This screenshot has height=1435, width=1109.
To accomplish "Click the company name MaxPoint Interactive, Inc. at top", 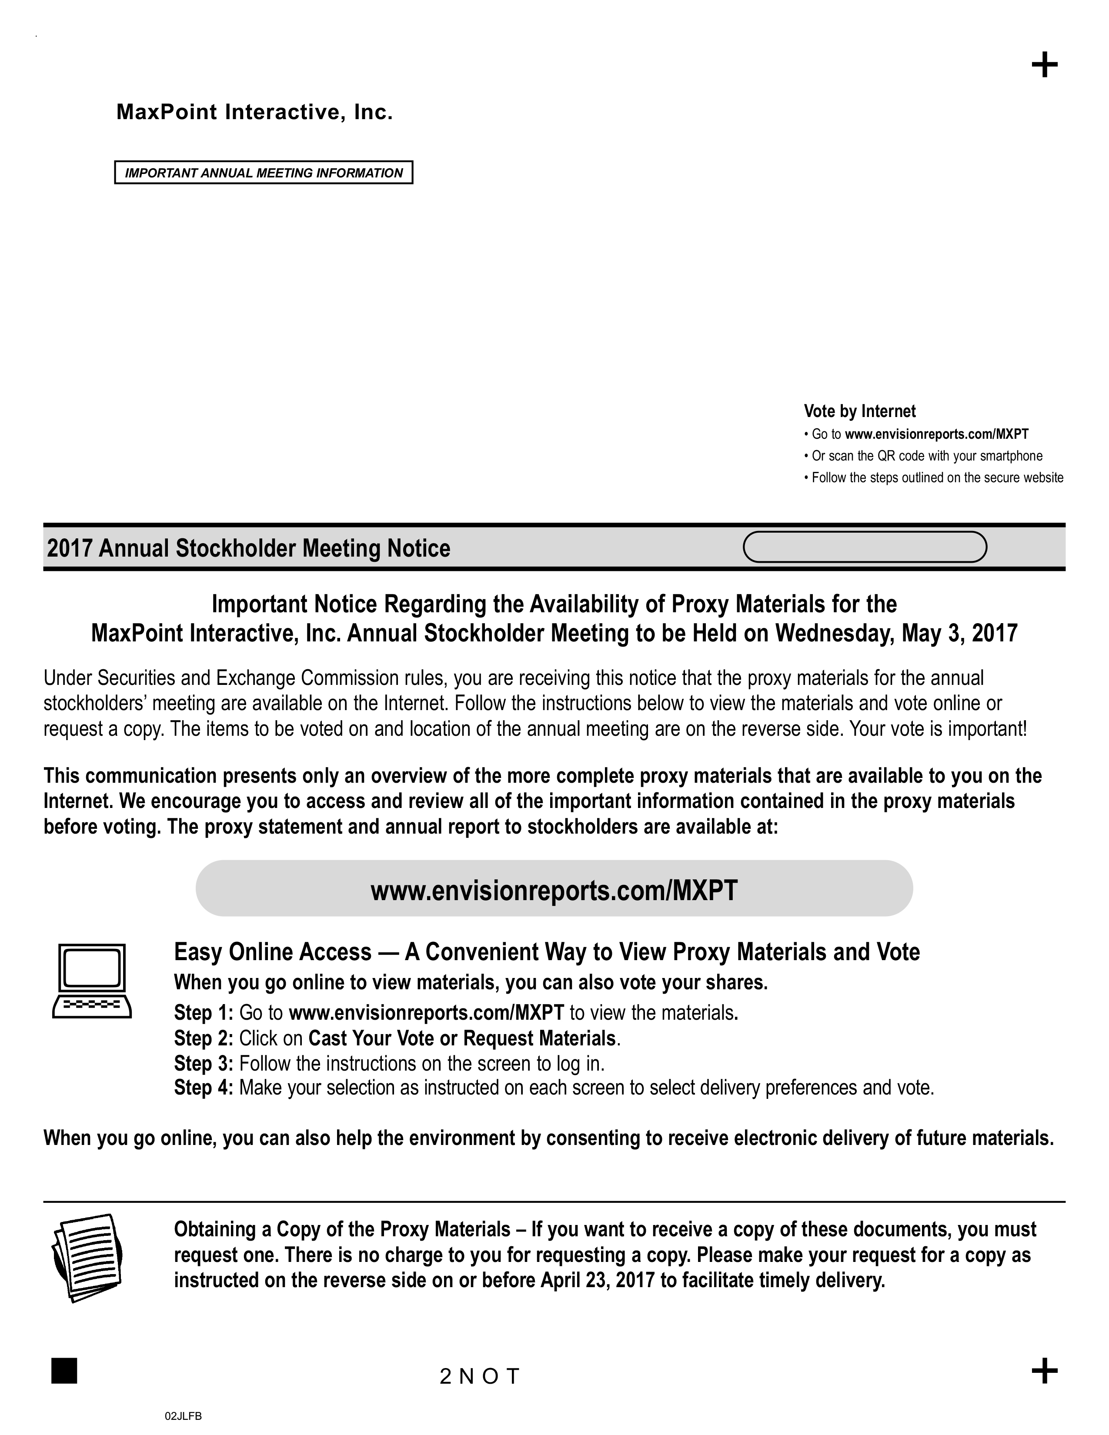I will pyautogui.click(x=254, y=112).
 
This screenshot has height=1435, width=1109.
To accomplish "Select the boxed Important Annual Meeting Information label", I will pyautogui.click(x=264, y=173).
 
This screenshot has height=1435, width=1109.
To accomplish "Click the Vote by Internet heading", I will pyautogui.click(x=859, y=411).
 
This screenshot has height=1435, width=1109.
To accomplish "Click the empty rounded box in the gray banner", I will pyautogui.click(x=865, y=547).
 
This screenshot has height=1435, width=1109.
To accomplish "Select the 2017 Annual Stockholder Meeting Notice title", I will pyautogui.click(x=248, y=548).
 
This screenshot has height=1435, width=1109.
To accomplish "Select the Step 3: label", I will pyautogui.click(x=204, y=1063).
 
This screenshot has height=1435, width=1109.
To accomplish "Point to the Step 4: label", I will pyautogui.click(x=204, y=1088).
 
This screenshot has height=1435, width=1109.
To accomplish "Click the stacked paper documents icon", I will pyautogui.click(x=87, y=1257).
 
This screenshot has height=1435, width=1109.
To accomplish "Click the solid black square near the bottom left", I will pyautogui.click(x=64, y=1370).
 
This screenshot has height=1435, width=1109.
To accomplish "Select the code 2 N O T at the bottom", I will pyautogui.click(x=480, y=1376).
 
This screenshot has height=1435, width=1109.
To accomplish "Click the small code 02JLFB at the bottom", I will pyautogui.click(x=183, y=1416).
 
